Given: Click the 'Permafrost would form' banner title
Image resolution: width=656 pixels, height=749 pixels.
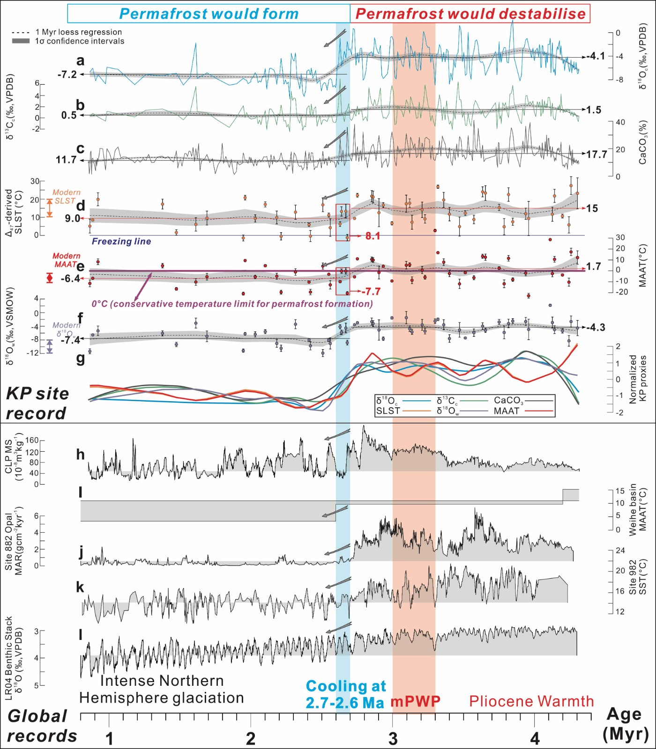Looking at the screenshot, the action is pos(209,14).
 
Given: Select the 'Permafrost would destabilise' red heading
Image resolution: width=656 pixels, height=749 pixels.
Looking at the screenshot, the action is pos(470,14).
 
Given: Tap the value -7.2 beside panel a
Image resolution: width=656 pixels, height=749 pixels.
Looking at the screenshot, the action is pos(67,74).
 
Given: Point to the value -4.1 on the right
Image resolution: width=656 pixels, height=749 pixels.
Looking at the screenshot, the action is pos(596,56).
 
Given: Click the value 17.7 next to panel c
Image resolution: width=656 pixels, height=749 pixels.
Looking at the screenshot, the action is pos(597,154).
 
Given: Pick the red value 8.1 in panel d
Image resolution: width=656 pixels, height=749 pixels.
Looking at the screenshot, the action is pos(373,236).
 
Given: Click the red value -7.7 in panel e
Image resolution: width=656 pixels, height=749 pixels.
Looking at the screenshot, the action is pos(371,292).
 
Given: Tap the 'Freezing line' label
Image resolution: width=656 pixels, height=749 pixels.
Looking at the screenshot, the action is pos(121,242).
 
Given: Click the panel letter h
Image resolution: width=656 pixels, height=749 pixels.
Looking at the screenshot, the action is pos(81,454).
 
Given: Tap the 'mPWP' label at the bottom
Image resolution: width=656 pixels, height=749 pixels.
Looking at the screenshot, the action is pos(416,701).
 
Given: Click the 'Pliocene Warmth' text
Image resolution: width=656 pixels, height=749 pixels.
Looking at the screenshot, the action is pos(531,701).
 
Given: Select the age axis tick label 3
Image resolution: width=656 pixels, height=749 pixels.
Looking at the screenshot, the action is pos(393,739).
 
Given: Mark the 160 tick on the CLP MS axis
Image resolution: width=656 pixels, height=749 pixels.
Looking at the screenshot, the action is pos(32,441).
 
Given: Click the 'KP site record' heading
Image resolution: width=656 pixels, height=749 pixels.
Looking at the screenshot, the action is pos(37,404).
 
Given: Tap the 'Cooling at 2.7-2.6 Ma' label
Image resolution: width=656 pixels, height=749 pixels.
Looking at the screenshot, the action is pos(346,694).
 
